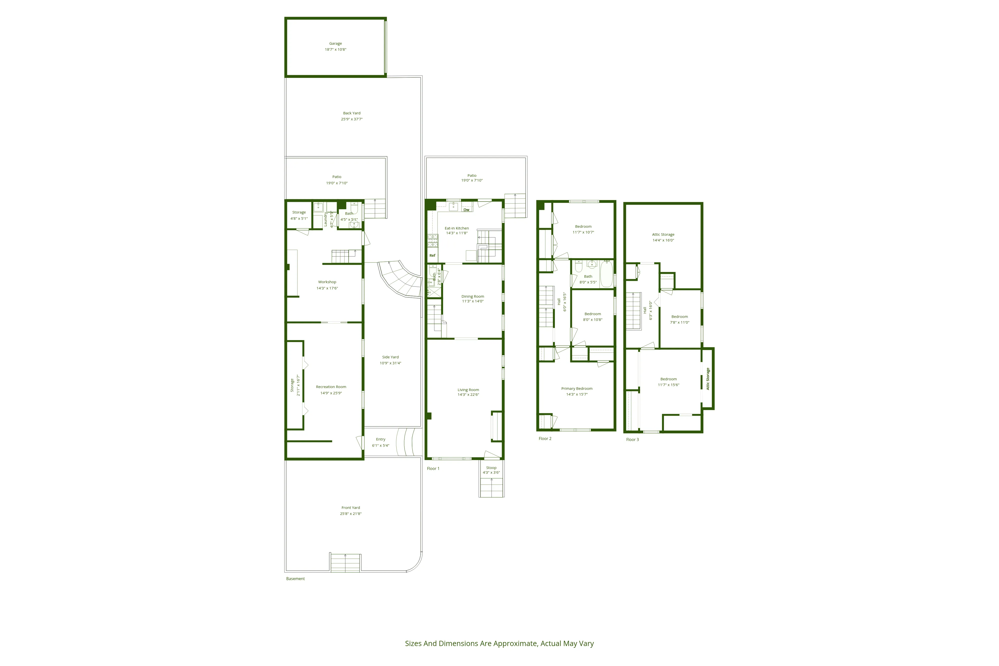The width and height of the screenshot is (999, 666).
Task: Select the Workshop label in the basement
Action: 327,282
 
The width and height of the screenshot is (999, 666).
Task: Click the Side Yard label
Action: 390,357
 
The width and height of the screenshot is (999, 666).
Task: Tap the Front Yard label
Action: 350,508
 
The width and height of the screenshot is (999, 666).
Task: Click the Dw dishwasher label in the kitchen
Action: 466,210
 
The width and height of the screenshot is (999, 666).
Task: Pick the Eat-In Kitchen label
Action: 457,228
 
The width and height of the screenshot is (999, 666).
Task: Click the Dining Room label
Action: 473,296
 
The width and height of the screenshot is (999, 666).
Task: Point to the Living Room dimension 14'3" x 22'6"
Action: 468,395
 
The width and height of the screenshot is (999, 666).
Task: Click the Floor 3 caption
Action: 632,440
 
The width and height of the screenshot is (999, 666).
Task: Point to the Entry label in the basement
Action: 381,440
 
